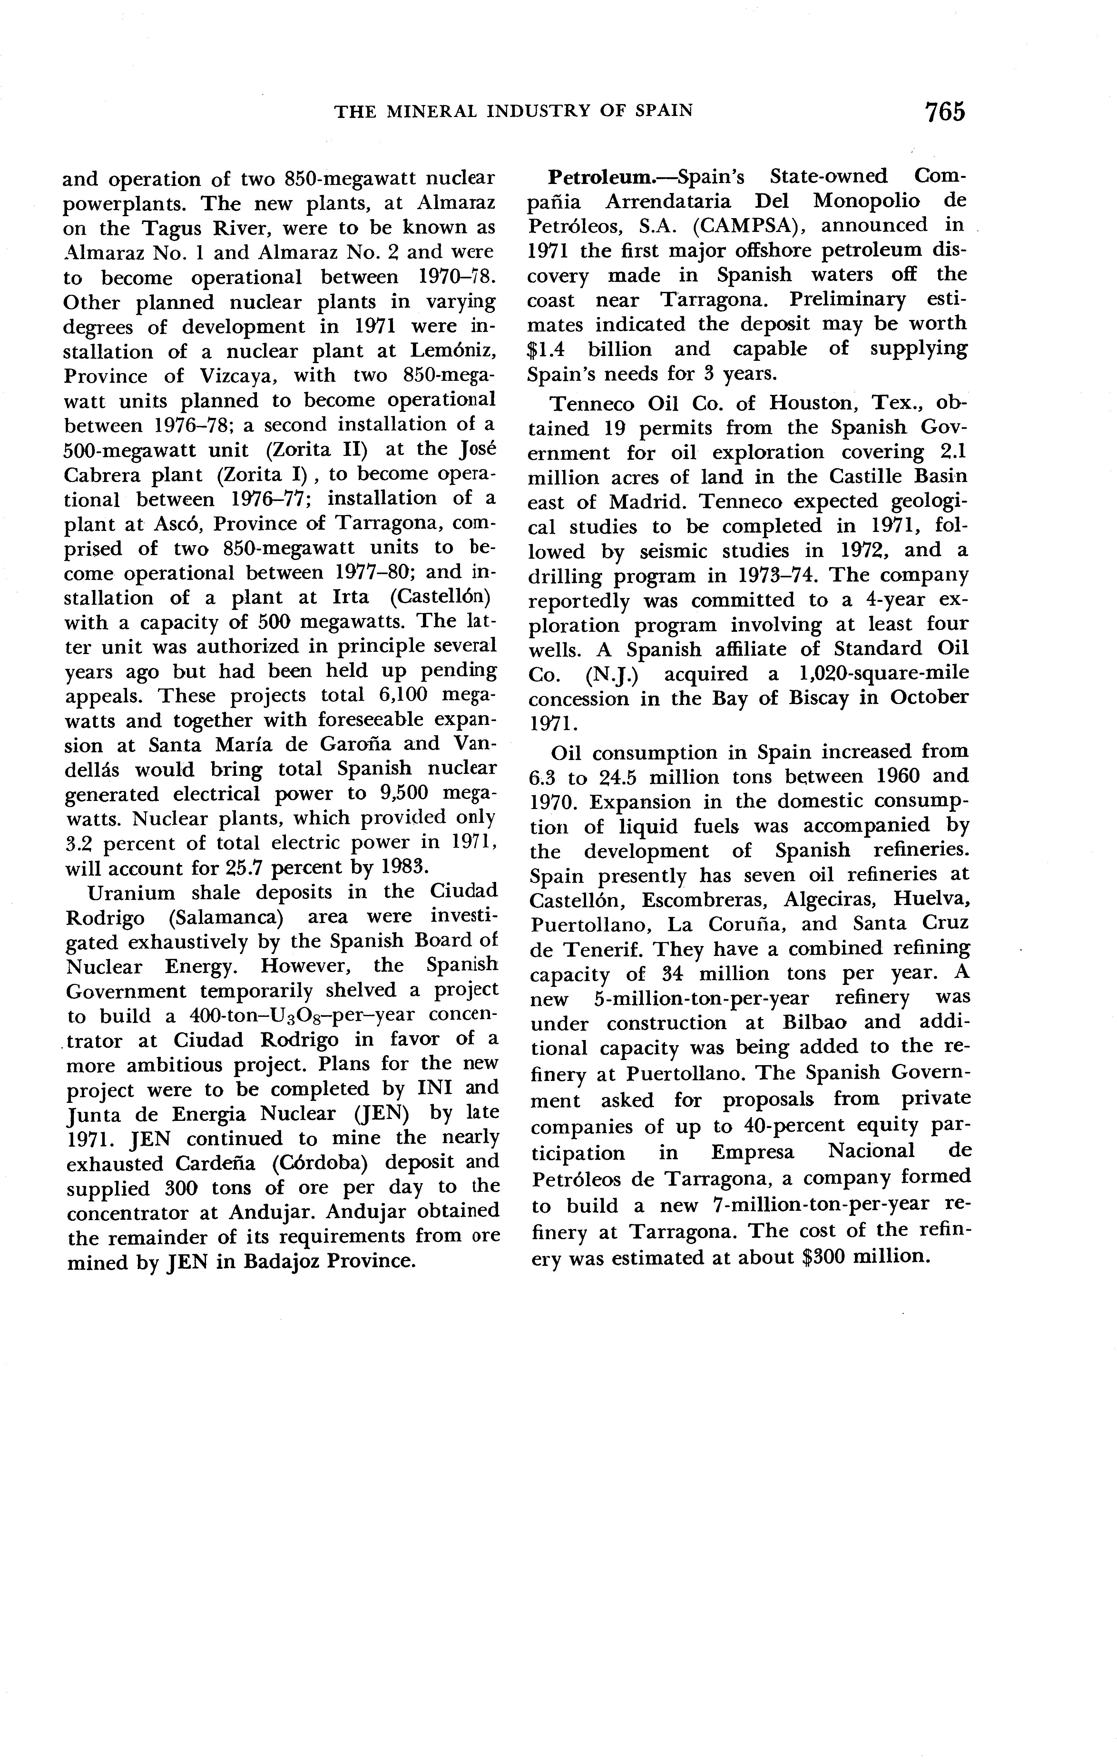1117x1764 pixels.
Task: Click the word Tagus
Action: coord(173,228)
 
